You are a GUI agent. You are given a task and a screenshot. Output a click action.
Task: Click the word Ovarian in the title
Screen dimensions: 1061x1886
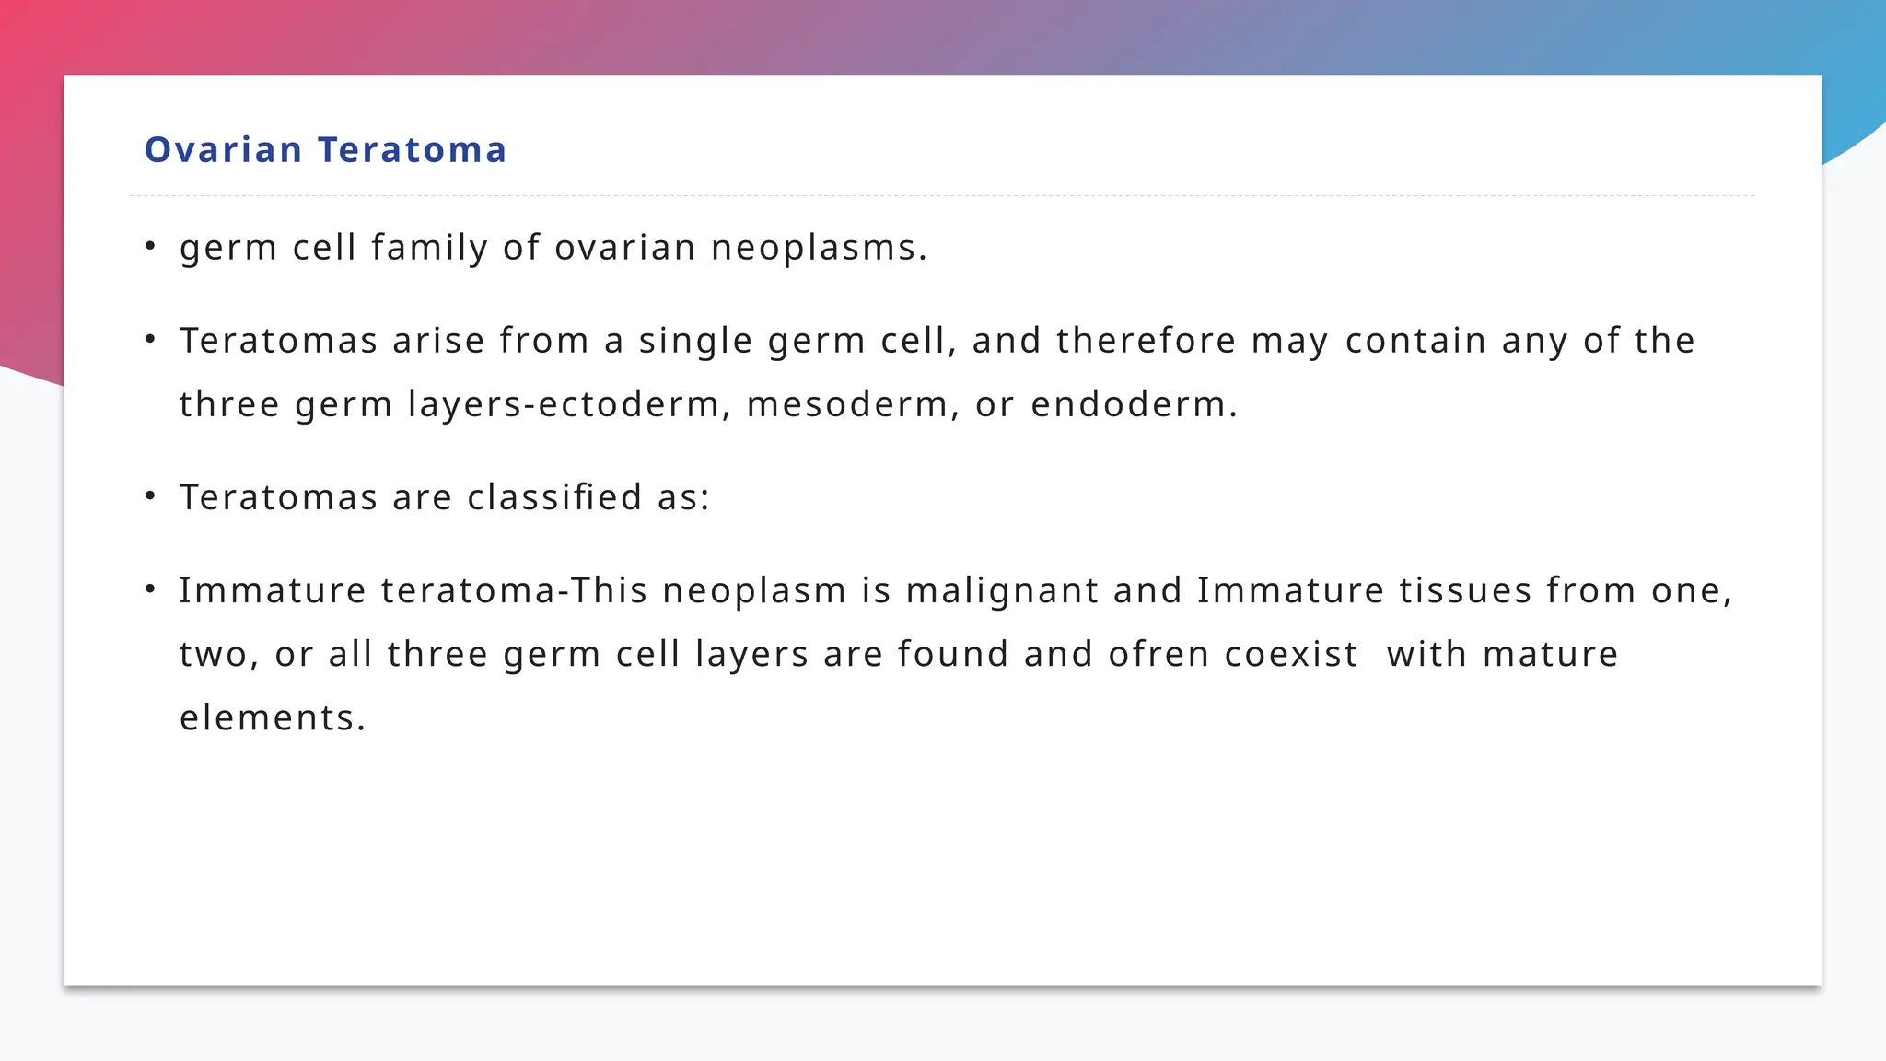tap(224, 150)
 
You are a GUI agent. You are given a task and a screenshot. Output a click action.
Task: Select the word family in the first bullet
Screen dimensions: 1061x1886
tap(429, 248)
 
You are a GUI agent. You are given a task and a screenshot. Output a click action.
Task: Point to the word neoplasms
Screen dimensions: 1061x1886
tap(819, 248)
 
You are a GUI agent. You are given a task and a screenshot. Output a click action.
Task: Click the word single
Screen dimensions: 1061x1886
tap(696, 341)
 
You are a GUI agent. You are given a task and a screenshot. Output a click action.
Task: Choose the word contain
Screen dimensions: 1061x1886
tap(1415, 341)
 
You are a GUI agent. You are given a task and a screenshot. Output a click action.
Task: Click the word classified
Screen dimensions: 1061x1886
tap(554, 497)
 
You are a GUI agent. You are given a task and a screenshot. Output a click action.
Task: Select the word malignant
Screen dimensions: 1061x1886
tap(1002, 590)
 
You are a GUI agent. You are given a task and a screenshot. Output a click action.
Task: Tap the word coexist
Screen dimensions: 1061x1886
tap(1291, 654)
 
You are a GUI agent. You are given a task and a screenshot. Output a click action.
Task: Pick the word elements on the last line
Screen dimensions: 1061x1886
tap(272, 717)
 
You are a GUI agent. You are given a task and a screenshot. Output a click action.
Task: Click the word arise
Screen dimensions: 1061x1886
tap(438, 341)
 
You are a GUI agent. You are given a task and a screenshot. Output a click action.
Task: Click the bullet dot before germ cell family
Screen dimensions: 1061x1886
tap(150, 246)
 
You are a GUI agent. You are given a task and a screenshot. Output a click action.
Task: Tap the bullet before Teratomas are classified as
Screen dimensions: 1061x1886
tap(150, 496)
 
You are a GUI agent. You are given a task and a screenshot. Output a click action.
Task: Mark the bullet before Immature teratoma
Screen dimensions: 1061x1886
tap(150, 589)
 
